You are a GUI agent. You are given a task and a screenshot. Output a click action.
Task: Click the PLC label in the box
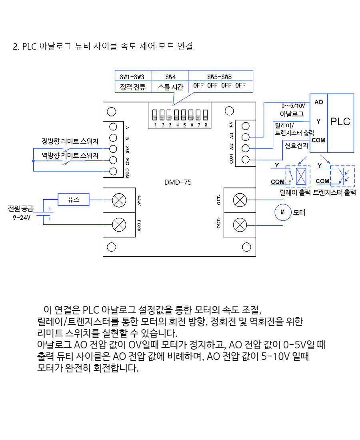pos(340,122)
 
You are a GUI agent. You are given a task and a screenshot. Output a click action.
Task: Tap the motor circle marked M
pos(283,212)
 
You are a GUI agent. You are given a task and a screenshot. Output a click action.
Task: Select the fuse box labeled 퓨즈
pos(74,199)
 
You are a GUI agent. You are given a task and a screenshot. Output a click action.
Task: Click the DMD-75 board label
pos(178,182)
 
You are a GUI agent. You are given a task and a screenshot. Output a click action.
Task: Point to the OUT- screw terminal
pos(240,200)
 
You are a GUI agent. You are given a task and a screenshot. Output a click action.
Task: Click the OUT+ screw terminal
pos(240,225)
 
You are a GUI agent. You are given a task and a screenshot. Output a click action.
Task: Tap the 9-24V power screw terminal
pos(119,200)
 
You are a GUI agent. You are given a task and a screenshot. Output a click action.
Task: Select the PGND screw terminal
pos(119,225)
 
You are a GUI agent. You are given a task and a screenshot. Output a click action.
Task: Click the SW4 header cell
pos(170,76)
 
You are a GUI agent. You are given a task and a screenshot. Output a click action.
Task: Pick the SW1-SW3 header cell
pos(133,76)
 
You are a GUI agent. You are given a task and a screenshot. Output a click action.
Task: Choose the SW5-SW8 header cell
pos(220,76)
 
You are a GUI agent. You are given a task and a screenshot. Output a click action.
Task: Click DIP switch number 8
pos(205,115)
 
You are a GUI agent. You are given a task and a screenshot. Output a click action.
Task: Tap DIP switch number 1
pos(155,115)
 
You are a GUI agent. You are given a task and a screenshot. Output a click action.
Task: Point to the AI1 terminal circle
pos(246,137)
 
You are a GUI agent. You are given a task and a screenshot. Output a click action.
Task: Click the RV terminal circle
pos(246,126)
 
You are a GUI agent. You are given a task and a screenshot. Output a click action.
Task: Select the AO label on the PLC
pos(319,102)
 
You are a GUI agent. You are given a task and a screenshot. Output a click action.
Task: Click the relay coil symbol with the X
pos(301,176)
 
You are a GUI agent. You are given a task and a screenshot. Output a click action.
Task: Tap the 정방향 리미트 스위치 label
pos(70,141)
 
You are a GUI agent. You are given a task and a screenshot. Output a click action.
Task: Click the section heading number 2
pos(16,46)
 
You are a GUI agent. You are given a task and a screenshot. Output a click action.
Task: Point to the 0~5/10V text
pos(293,106)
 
